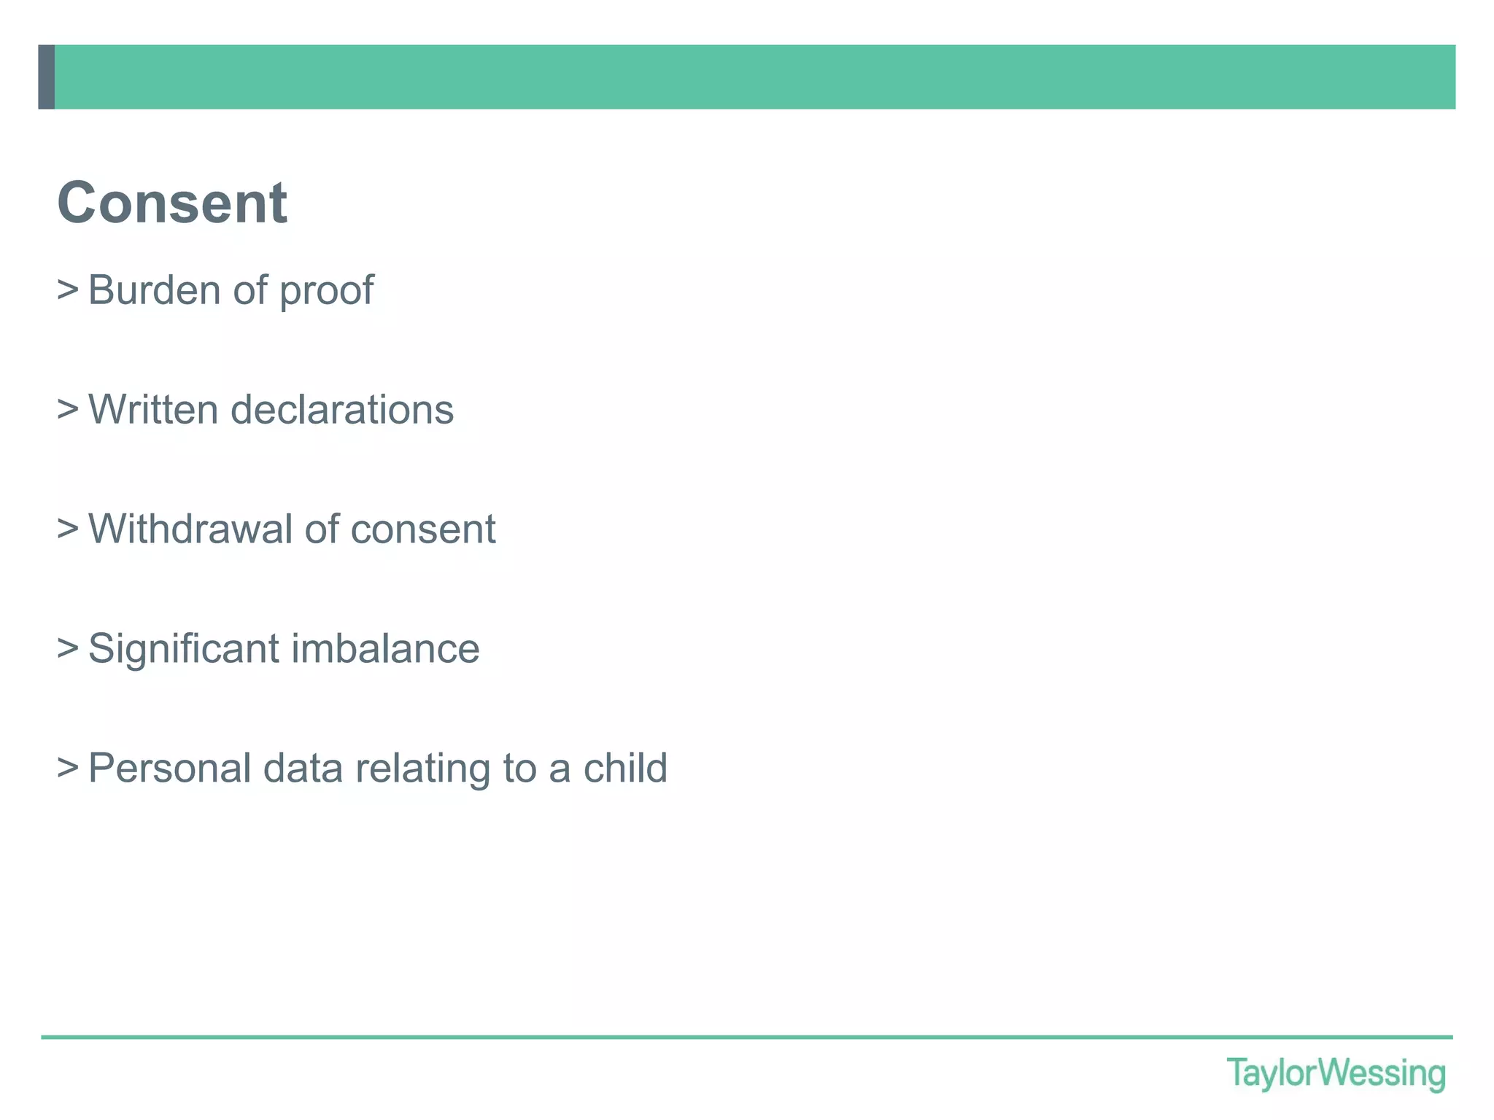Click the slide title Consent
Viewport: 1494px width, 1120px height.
point(172,203)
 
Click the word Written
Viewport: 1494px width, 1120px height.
point(153,410)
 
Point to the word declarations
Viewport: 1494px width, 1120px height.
point(342,410)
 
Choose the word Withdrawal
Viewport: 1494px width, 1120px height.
point(190,529)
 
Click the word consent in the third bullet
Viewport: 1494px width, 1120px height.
point(423,530)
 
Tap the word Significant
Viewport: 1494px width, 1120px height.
point(183,649)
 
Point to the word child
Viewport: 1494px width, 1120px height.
point(625,769)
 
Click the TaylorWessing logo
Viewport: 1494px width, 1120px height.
point(1336,1074)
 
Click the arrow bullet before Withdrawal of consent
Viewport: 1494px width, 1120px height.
point(68,529)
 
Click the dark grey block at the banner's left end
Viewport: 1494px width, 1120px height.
point(47,77)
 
